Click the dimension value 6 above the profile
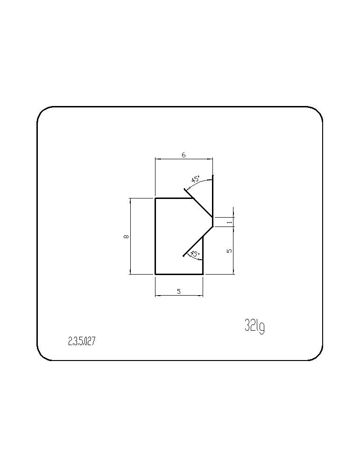point(184,155)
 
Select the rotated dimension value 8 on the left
point(126,236)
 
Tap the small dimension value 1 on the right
point(229,222)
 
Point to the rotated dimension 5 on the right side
point(229,251)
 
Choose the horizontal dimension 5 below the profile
point(179,291)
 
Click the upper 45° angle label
point(196,179)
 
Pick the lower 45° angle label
point(195,254)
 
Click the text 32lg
point(254,325)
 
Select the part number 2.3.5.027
point(82,341)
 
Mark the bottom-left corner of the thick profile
point(155,274)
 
